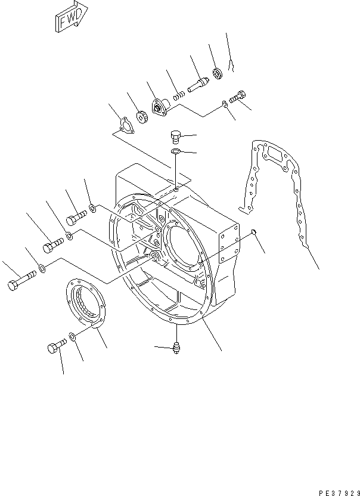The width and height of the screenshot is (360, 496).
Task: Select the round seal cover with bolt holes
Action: point(84,305)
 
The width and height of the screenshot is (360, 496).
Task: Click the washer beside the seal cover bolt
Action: point(72,338)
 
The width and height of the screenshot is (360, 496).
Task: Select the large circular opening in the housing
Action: point(185,244)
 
